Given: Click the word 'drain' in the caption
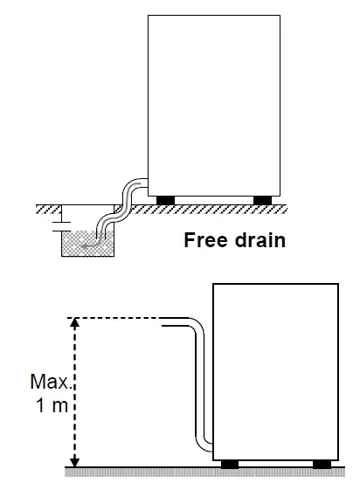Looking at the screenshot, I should (260, 240).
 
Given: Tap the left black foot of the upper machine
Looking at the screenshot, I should (164, 200).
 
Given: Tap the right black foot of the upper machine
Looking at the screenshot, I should (262, 200).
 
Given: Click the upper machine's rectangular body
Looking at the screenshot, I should (214, 105).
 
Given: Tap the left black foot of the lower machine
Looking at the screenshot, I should (231, 463).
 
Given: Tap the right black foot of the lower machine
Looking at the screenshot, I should (322, 463).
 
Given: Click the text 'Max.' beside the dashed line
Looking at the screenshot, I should (49, 383).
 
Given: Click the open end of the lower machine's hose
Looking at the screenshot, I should (165, 322).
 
